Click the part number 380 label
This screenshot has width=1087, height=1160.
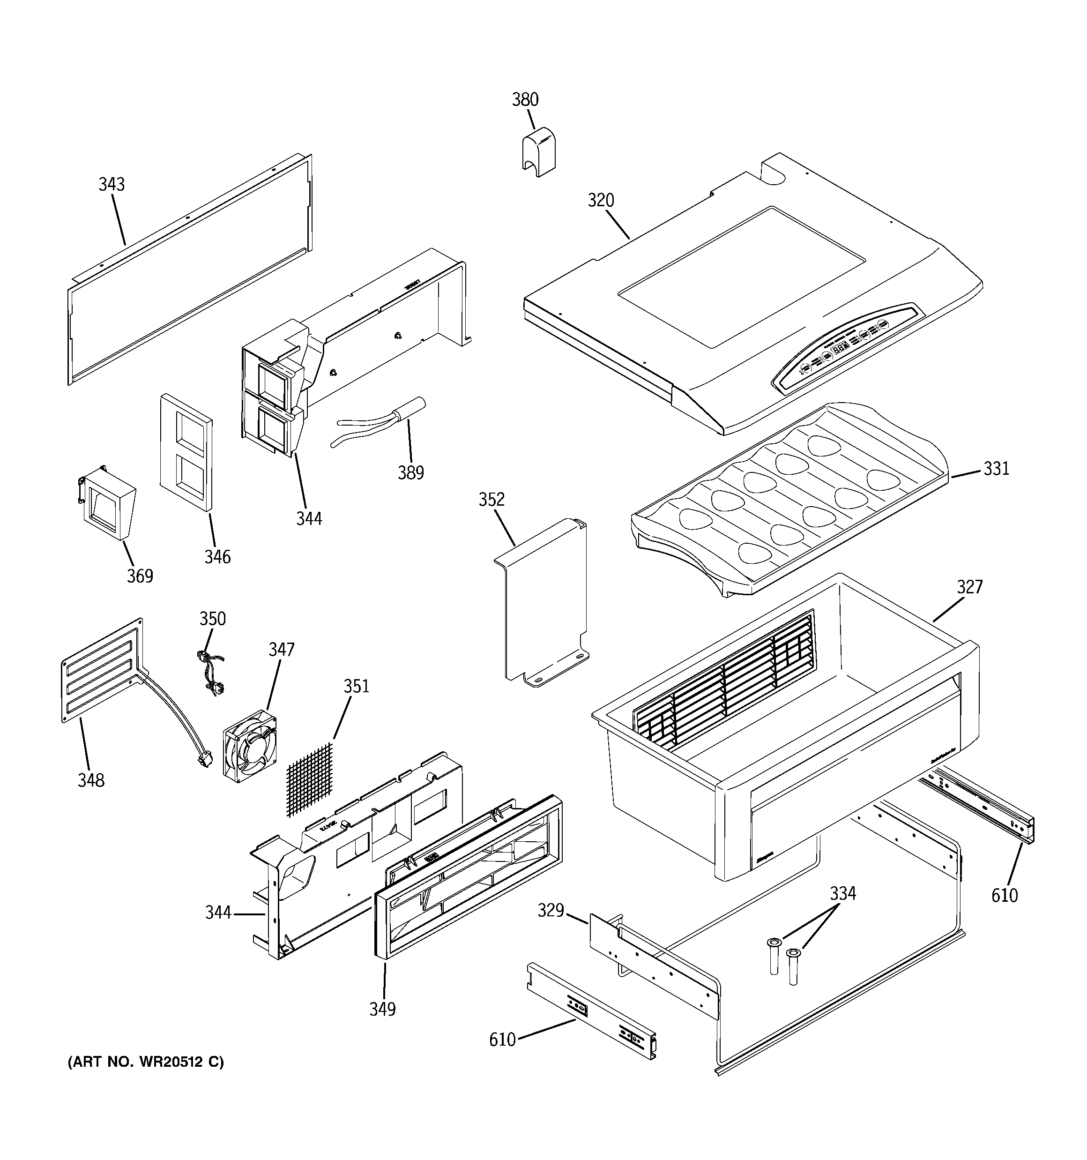pyautogui.click(x=525, y=100)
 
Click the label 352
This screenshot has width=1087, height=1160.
pyautogui.click(x=491, y=500)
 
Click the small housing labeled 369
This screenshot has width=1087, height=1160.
pyautogui.click(x=107, y=507)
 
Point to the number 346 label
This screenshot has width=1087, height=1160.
pyautogui.click(x=217, y=557)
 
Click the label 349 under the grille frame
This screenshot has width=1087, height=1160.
pyautogui.click(x=382, y=1009)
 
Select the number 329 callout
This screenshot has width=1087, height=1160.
pyautogui.click(x=550, y=910)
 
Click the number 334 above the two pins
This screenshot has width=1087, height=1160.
pyautogui.click(x=842, y=893)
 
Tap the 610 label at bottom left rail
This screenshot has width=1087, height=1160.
pyautogui.click(x=502, y=1039)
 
